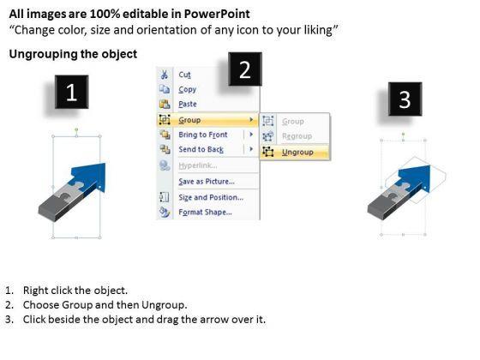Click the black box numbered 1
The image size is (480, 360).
pyautogui.click(x=72, y=92)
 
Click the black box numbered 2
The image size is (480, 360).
pyautogui.click(x=245, y=69)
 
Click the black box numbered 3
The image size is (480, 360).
pyautogui.click(x=405, y=99)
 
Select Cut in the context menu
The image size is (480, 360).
pyautogui.click(x=184, y=75)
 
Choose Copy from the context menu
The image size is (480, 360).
pyautogui.click(x=188, y=89)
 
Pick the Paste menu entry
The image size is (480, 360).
pyautogui.click(x=188, y=104)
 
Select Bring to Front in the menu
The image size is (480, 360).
pyautogui.click(x=203, y=135)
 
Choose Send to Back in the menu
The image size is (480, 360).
pyautogui.click(x=201, y=149)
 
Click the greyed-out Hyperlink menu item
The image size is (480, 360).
pyautogui.click(x=198, y=165)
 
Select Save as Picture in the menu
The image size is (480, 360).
pyautogui.click(x=207, y=182)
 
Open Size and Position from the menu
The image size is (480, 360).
pyautogui.click(x=211, y=197)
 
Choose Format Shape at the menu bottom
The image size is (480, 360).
pyautogui.click(x=205, y=213)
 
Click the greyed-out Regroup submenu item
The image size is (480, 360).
pyautogui.click(x=297, y=136)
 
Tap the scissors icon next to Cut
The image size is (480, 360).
pyautogui.click(x=165, y=75)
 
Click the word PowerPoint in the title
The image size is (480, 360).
pyautogui.click(x=217, y=14)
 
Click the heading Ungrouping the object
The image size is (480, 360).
pyautogui.click(x=73, y=54)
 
